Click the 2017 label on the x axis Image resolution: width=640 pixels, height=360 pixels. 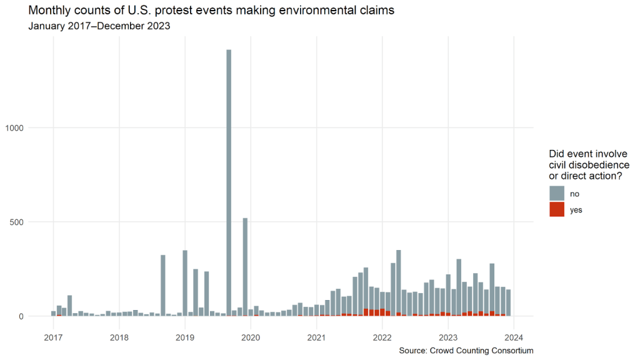click(x=53, y=337)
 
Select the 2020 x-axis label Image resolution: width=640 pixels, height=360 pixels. click(x=251, y=337)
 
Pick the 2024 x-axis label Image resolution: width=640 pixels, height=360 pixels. click(x=514, y=337)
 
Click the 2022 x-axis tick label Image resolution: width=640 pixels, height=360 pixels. click(x=382, y=337)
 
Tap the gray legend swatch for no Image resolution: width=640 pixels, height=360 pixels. click(x=557, y=193)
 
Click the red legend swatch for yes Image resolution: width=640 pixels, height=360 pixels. click(x=557, y=209)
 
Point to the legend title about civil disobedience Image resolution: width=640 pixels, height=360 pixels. click(x=589, y=165)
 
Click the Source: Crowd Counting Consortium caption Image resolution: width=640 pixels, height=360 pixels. click(x=466, y=351)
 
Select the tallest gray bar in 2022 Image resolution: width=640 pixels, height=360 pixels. click(x=399, y=281)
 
